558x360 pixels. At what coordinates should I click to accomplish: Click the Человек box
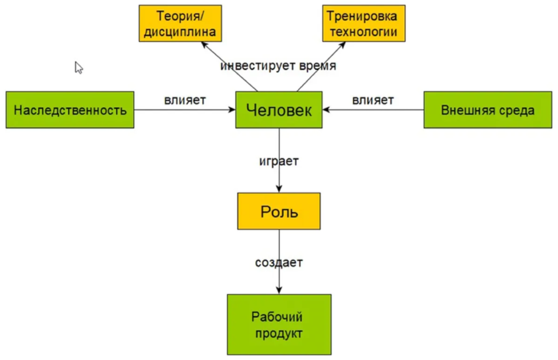coord(279,110)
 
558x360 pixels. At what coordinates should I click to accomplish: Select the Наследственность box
coord(70,110)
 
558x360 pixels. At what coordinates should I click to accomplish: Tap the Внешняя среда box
coord(487,110)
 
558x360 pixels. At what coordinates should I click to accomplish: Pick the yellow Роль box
coord(279,211)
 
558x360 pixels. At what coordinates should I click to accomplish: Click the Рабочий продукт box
coord(279,325)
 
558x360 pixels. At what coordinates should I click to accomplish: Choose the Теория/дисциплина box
coord(180,23)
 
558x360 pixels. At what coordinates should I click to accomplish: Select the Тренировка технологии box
coord(364,23)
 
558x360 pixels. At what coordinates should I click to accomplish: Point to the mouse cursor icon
coord(78,67)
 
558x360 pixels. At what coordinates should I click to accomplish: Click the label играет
coord(279,162)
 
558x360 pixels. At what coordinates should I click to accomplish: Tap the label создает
coord(279,262)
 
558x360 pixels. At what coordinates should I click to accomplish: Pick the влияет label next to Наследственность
coord(185,100)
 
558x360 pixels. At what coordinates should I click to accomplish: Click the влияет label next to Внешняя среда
coord(373,100)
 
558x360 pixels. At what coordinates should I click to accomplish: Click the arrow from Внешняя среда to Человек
coord(374,110)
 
